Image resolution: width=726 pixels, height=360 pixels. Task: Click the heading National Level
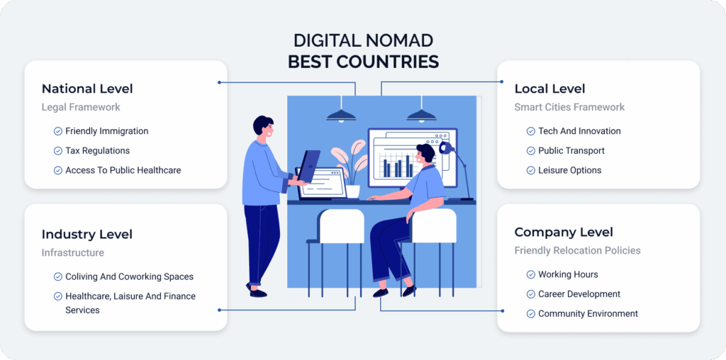click(x=87, y=89)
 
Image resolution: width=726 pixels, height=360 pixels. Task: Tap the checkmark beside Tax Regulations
click(x=58, y=151)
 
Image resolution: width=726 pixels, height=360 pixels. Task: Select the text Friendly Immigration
click(x=107, y=131)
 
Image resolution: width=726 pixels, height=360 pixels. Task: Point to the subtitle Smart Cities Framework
click(x=569, y=107)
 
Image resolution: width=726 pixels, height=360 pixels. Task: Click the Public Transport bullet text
click(x=571, y=151)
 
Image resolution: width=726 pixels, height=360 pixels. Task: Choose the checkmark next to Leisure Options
click(x=530, y=170)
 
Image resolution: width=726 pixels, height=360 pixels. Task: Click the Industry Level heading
click(x=87, y=234)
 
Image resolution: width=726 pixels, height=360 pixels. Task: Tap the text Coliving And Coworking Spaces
click(x=130, y=276)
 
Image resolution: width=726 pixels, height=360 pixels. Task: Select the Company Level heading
click(x=564, y=232)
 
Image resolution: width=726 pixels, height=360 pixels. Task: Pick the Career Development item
click(x=579, y=294)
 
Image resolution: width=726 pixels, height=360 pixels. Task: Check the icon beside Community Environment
click(x=530, y=314)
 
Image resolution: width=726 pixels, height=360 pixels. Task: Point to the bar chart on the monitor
click(x=397, y=165)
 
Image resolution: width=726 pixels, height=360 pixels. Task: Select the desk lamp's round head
click(x=445, y=148)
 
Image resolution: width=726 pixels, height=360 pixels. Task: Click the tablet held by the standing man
click(x=309, y=166)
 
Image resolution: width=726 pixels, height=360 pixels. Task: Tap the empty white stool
click(x=342, y=226)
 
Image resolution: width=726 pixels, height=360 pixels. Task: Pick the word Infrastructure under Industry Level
click(x=73, y=253)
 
